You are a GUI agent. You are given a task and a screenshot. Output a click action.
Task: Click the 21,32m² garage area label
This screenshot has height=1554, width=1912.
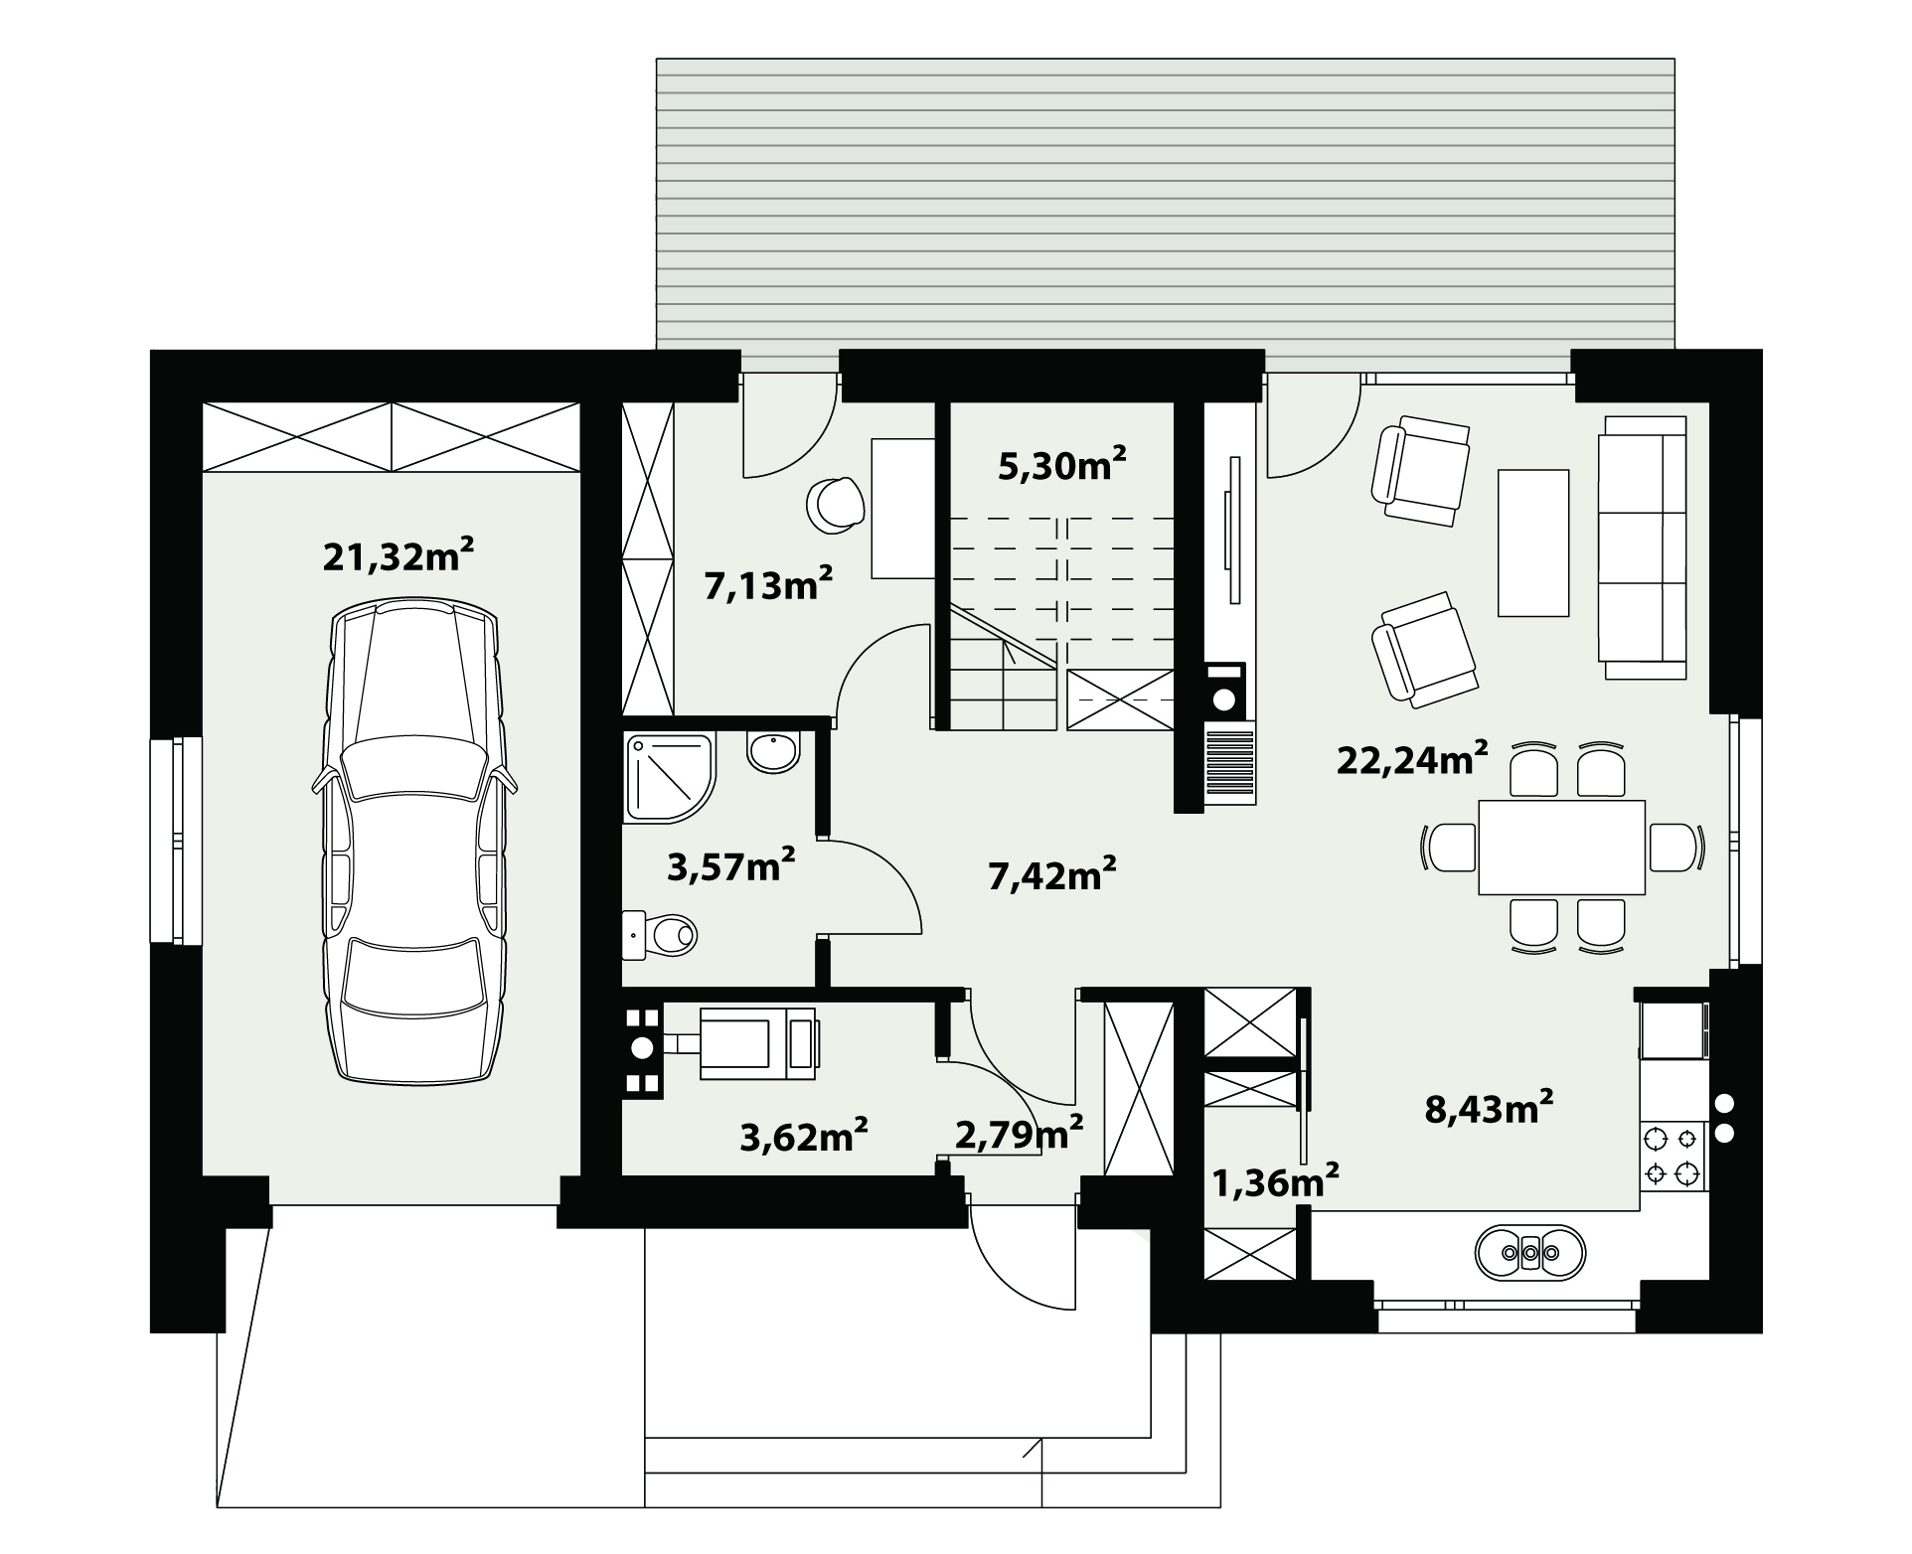398,555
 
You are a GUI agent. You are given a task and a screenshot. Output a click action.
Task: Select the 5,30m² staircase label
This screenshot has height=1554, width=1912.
1062,464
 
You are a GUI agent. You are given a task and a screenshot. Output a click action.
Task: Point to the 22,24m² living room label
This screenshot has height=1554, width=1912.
1412,760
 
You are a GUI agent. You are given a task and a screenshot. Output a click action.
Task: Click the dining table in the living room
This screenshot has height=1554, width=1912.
1561,848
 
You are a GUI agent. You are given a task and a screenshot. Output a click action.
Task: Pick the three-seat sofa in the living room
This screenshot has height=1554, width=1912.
1642,547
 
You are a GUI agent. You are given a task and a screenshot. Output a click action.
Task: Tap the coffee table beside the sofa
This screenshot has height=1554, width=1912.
1533,543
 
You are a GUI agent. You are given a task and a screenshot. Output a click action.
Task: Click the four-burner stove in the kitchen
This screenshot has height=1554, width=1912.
1671,1157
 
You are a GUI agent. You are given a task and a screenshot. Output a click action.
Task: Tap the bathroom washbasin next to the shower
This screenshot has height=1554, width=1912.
773,752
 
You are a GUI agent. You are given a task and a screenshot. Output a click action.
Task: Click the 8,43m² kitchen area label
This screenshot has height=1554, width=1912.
1490,1106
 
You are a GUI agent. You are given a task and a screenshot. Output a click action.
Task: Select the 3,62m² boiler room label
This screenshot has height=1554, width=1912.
805,1136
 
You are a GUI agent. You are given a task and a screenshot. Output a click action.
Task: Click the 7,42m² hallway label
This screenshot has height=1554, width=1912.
1052,874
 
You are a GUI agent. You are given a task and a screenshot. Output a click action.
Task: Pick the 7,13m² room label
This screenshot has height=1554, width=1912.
768,584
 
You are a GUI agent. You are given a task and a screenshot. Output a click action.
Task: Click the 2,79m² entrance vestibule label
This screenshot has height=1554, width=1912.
1019,1133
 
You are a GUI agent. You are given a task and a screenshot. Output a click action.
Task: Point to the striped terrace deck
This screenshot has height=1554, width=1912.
1166,204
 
